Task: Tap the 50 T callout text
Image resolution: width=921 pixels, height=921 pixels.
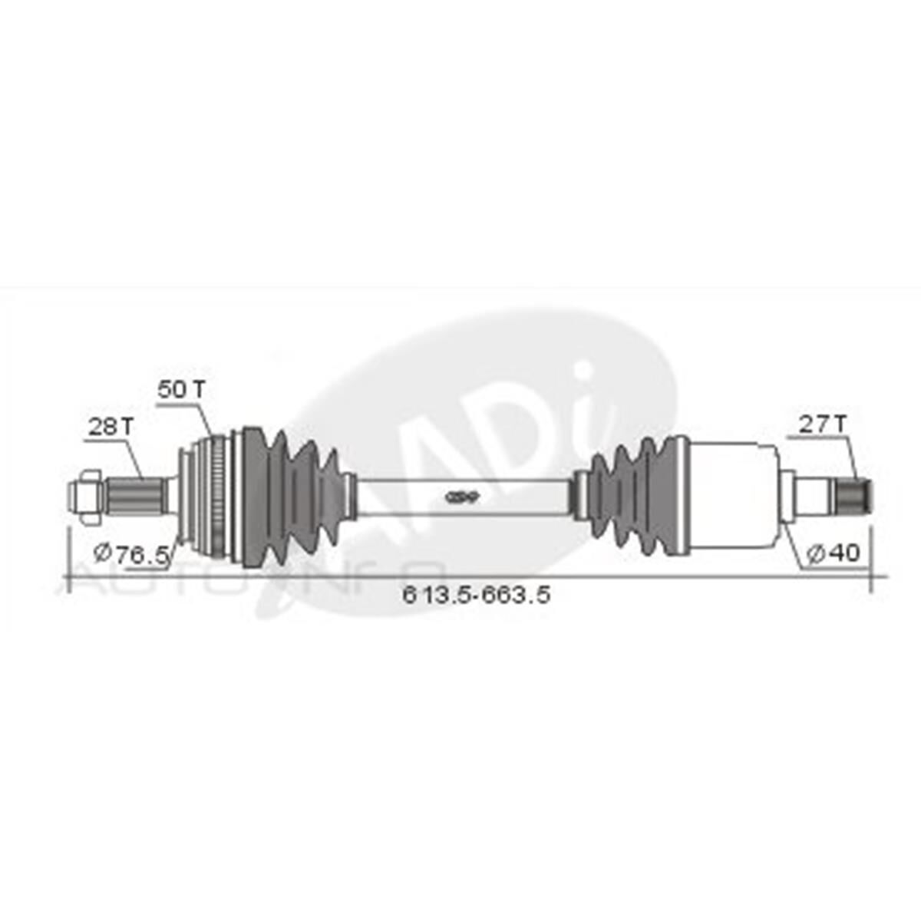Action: [x=182, y=389]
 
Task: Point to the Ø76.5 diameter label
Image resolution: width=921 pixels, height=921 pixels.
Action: [x=130, y=553]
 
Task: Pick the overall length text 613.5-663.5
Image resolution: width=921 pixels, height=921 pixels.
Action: [x=476, y=594]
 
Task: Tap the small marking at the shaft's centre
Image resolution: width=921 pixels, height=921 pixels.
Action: [x=462, y=497]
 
